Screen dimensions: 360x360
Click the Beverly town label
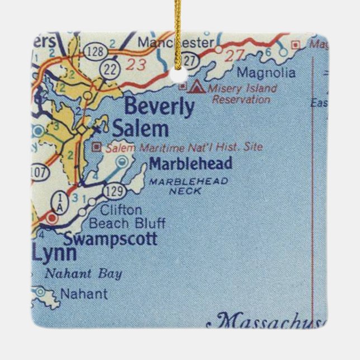pyautogui.click(x=159, y=107)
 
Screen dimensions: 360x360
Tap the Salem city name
pyautogui.click(x=140, y=129)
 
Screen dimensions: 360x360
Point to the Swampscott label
pyautogui.click(x=110, y=240)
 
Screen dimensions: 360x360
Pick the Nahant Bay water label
pyautogui.click(x=83, y=274)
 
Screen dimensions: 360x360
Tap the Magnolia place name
pyautogui.click(x=266, y=73)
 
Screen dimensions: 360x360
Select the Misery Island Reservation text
pyautogui.click(x=241, y=94)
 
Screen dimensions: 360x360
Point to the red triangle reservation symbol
pyautogui.click(x=196, y=87)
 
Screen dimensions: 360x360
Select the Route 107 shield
pyautogui.click(x=39, y=173)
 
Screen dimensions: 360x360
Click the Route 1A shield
pyautogui.click(x=59, y=200)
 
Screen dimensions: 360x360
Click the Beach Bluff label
pyautogui.click(x=127, y=224)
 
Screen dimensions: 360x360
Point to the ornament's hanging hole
pyautogui.click(x=179, y=73)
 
